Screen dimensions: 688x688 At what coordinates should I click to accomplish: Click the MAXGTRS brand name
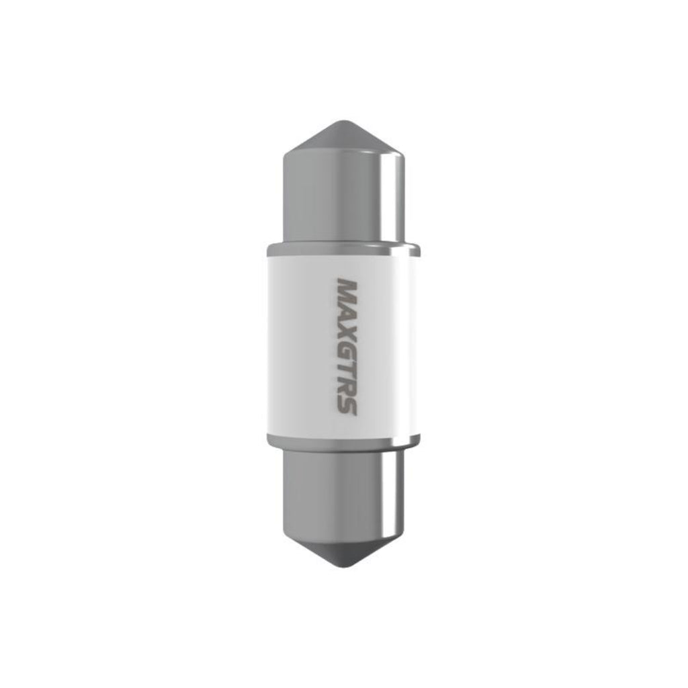347,346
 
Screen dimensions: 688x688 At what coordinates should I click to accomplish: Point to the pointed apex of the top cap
344,121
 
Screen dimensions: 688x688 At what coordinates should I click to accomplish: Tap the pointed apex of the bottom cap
344,566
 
